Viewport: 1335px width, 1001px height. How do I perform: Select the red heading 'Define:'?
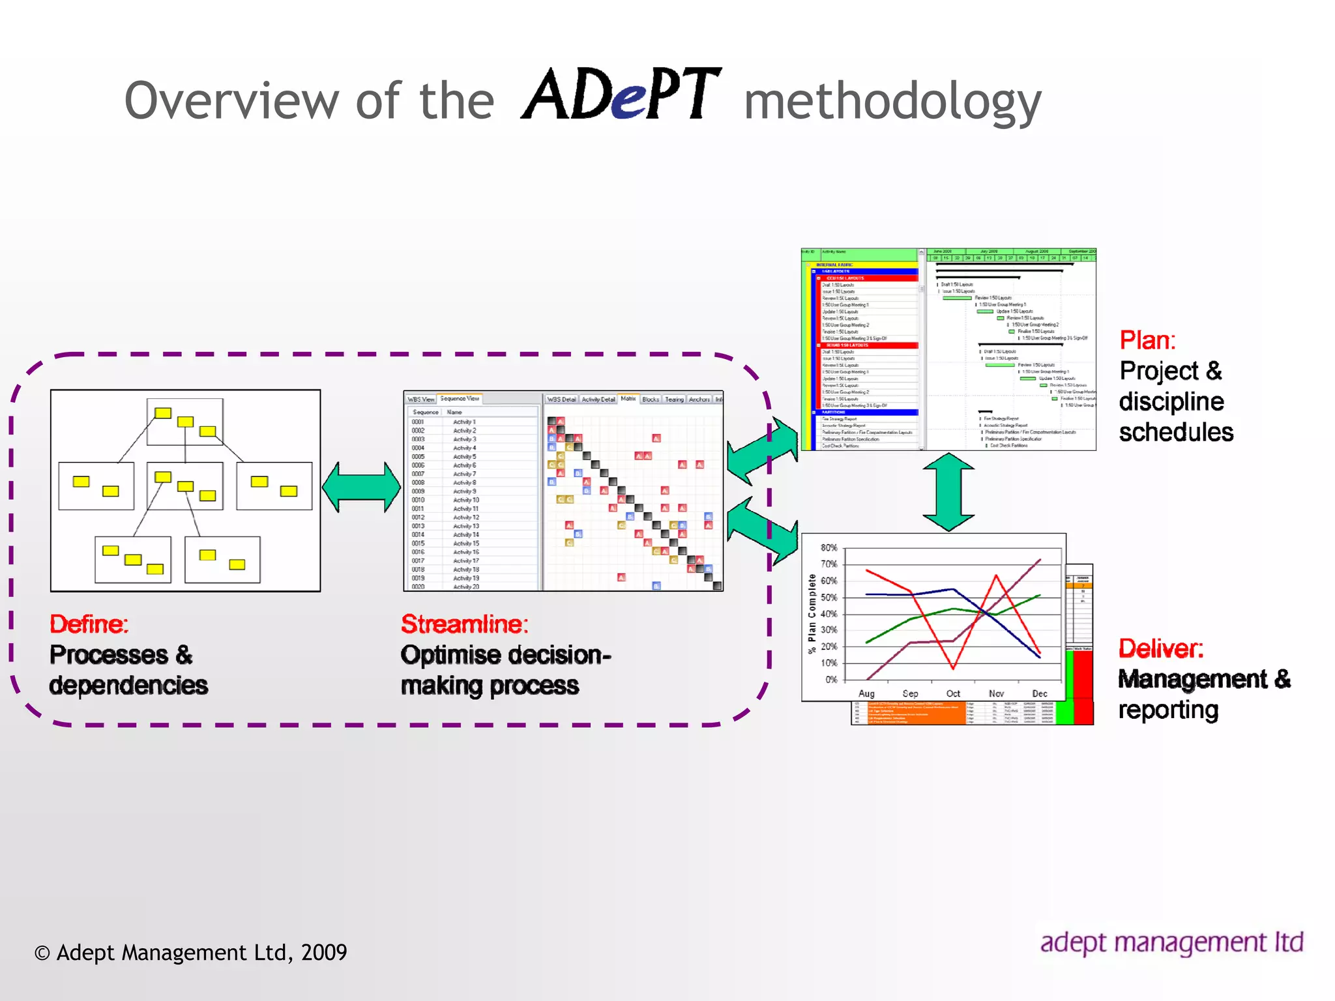coord(89,624)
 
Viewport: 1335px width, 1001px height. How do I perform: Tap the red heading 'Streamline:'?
coord(464,624)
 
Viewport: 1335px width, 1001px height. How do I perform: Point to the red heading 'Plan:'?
coord(1147,340)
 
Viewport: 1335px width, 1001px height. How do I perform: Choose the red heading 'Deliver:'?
coord(1161,648)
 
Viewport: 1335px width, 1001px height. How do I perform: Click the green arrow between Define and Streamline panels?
coord(362,487)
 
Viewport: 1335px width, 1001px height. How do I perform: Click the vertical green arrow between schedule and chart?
coord(948,492)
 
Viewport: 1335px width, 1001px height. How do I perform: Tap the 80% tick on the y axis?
coord(829,547)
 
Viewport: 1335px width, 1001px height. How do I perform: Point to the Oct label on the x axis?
coord(953,693)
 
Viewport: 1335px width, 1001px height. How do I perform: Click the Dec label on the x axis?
coord(1040,693)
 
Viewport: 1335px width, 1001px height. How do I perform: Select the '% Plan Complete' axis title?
coord(812,613)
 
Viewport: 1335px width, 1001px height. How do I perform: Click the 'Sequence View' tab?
coord(460,398)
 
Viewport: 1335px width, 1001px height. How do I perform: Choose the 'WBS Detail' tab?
coord(561,399)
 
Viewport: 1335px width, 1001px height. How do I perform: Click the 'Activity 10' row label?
coord(466,500)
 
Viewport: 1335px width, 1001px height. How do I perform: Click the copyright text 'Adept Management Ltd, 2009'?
coord(201,952)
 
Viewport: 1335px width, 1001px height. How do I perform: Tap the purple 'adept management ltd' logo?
coord(1171,942)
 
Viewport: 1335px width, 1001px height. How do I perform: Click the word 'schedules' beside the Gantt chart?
coord(1176,432)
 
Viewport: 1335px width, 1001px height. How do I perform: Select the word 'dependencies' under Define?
coord(128,686)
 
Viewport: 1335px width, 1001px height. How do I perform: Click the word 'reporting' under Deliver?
coord(1168,710)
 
